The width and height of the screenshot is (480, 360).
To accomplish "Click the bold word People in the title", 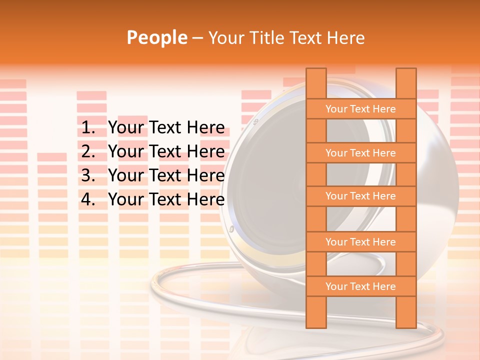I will pyautogui.click(x=156, y=37).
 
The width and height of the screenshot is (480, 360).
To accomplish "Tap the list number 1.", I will pyautogui.click(x=87, y=128).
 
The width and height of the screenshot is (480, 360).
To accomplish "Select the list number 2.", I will pyautogui.click(x=87, y=151).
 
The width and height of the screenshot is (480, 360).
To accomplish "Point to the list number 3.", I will pyautogui.click(x=87, y=175).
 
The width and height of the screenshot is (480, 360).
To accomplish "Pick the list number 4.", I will pyautogui.click(x=87, y=199).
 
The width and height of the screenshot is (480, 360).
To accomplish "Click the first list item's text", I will pyautogui.click(x=166, y=128).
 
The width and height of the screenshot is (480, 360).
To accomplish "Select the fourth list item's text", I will pyautogui.click(x=166, y=199).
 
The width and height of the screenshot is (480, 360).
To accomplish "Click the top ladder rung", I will pyautogui.click(x=360, y=109).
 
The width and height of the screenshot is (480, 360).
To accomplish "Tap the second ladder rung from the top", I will pyautogui.click(x=360, y=153).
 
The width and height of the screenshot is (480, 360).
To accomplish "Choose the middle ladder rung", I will pyautogui.click(x=360, y=196).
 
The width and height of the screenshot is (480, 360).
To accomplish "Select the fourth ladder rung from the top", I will pyautogui.click(x=360, y=242).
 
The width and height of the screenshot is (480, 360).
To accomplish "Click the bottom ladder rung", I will pyautogui.click(x=360, y=286).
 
